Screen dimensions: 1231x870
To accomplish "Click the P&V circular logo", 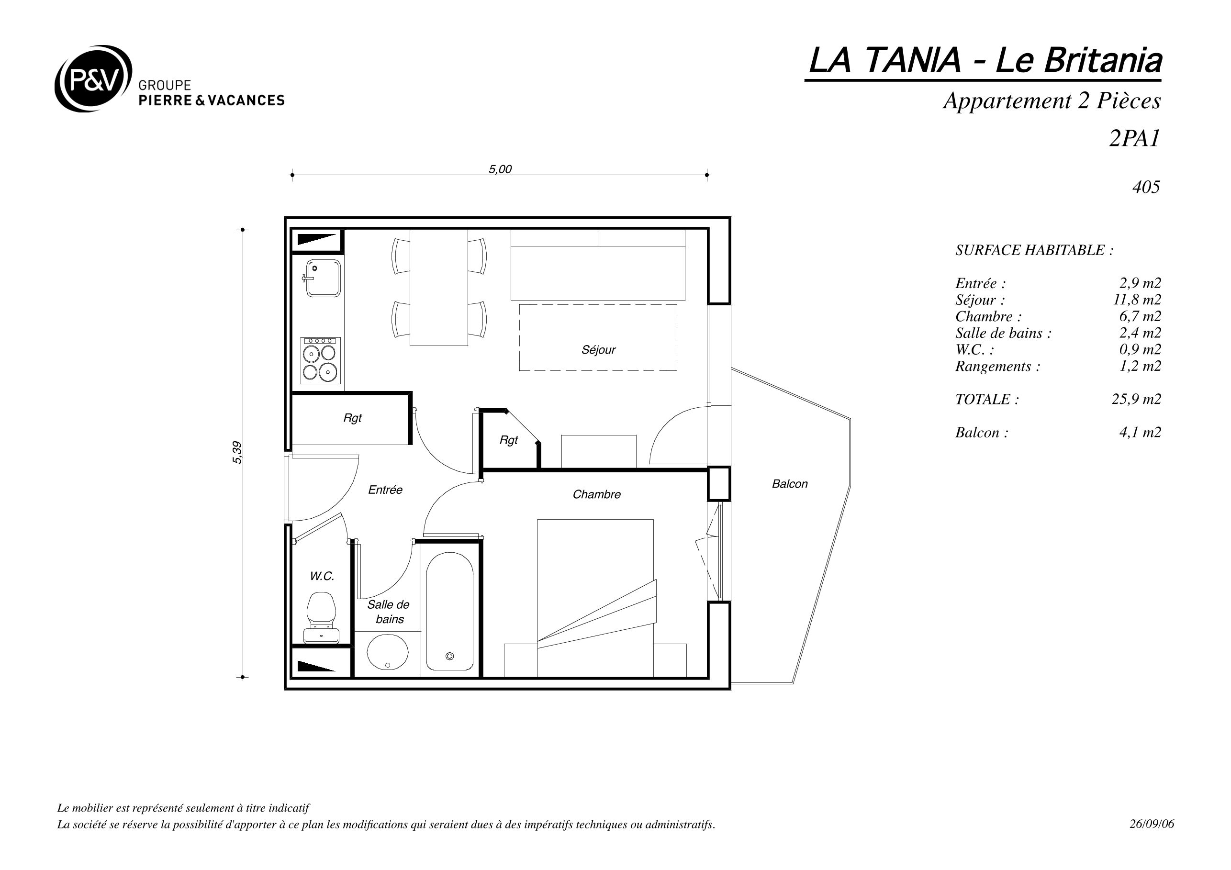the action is (93, 78).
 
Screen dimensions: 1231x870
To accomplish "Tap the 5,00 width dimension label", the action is (500, 169).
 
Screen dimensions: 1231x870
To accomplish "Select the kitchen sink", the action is (323, 278).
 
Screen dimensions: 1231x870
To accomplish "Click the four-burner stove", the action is (321, 361).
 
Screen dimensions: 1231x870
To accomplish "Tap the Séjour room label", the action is (598, 350).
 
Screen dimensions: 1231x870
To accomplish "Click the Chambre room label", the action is (596, 494).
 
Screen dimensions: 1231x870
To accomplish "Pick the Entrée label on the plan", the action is (385, 490).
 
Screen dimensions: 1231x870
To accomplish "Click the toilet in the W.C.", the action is (321, 617).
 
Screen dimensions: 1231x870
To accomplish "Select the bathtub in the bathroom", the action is (450, 612).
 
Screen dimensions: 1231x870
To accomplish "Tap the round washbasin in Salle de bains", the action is (387, 652).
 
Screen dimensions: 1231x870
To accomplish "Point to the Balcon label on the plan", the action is (790, 484).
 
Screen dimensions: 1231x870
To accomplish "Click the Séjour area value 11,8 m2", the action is (1137, 300).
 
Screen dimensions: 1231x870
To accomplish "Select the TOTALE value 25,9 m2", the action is (1136, 400).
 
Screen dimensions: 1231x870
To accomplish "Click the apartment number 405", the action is (1146, 187).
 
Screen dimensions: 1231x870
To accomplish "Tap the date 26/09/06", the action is (1152, 824).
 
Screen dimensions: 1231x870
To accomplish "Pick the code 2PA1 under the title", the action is (1134, 138).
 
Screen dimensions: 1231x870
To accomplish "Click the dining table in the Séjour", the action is (438, 288).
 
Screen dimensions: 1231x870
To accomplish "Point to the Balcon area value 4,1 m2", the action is (1140, 433).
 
